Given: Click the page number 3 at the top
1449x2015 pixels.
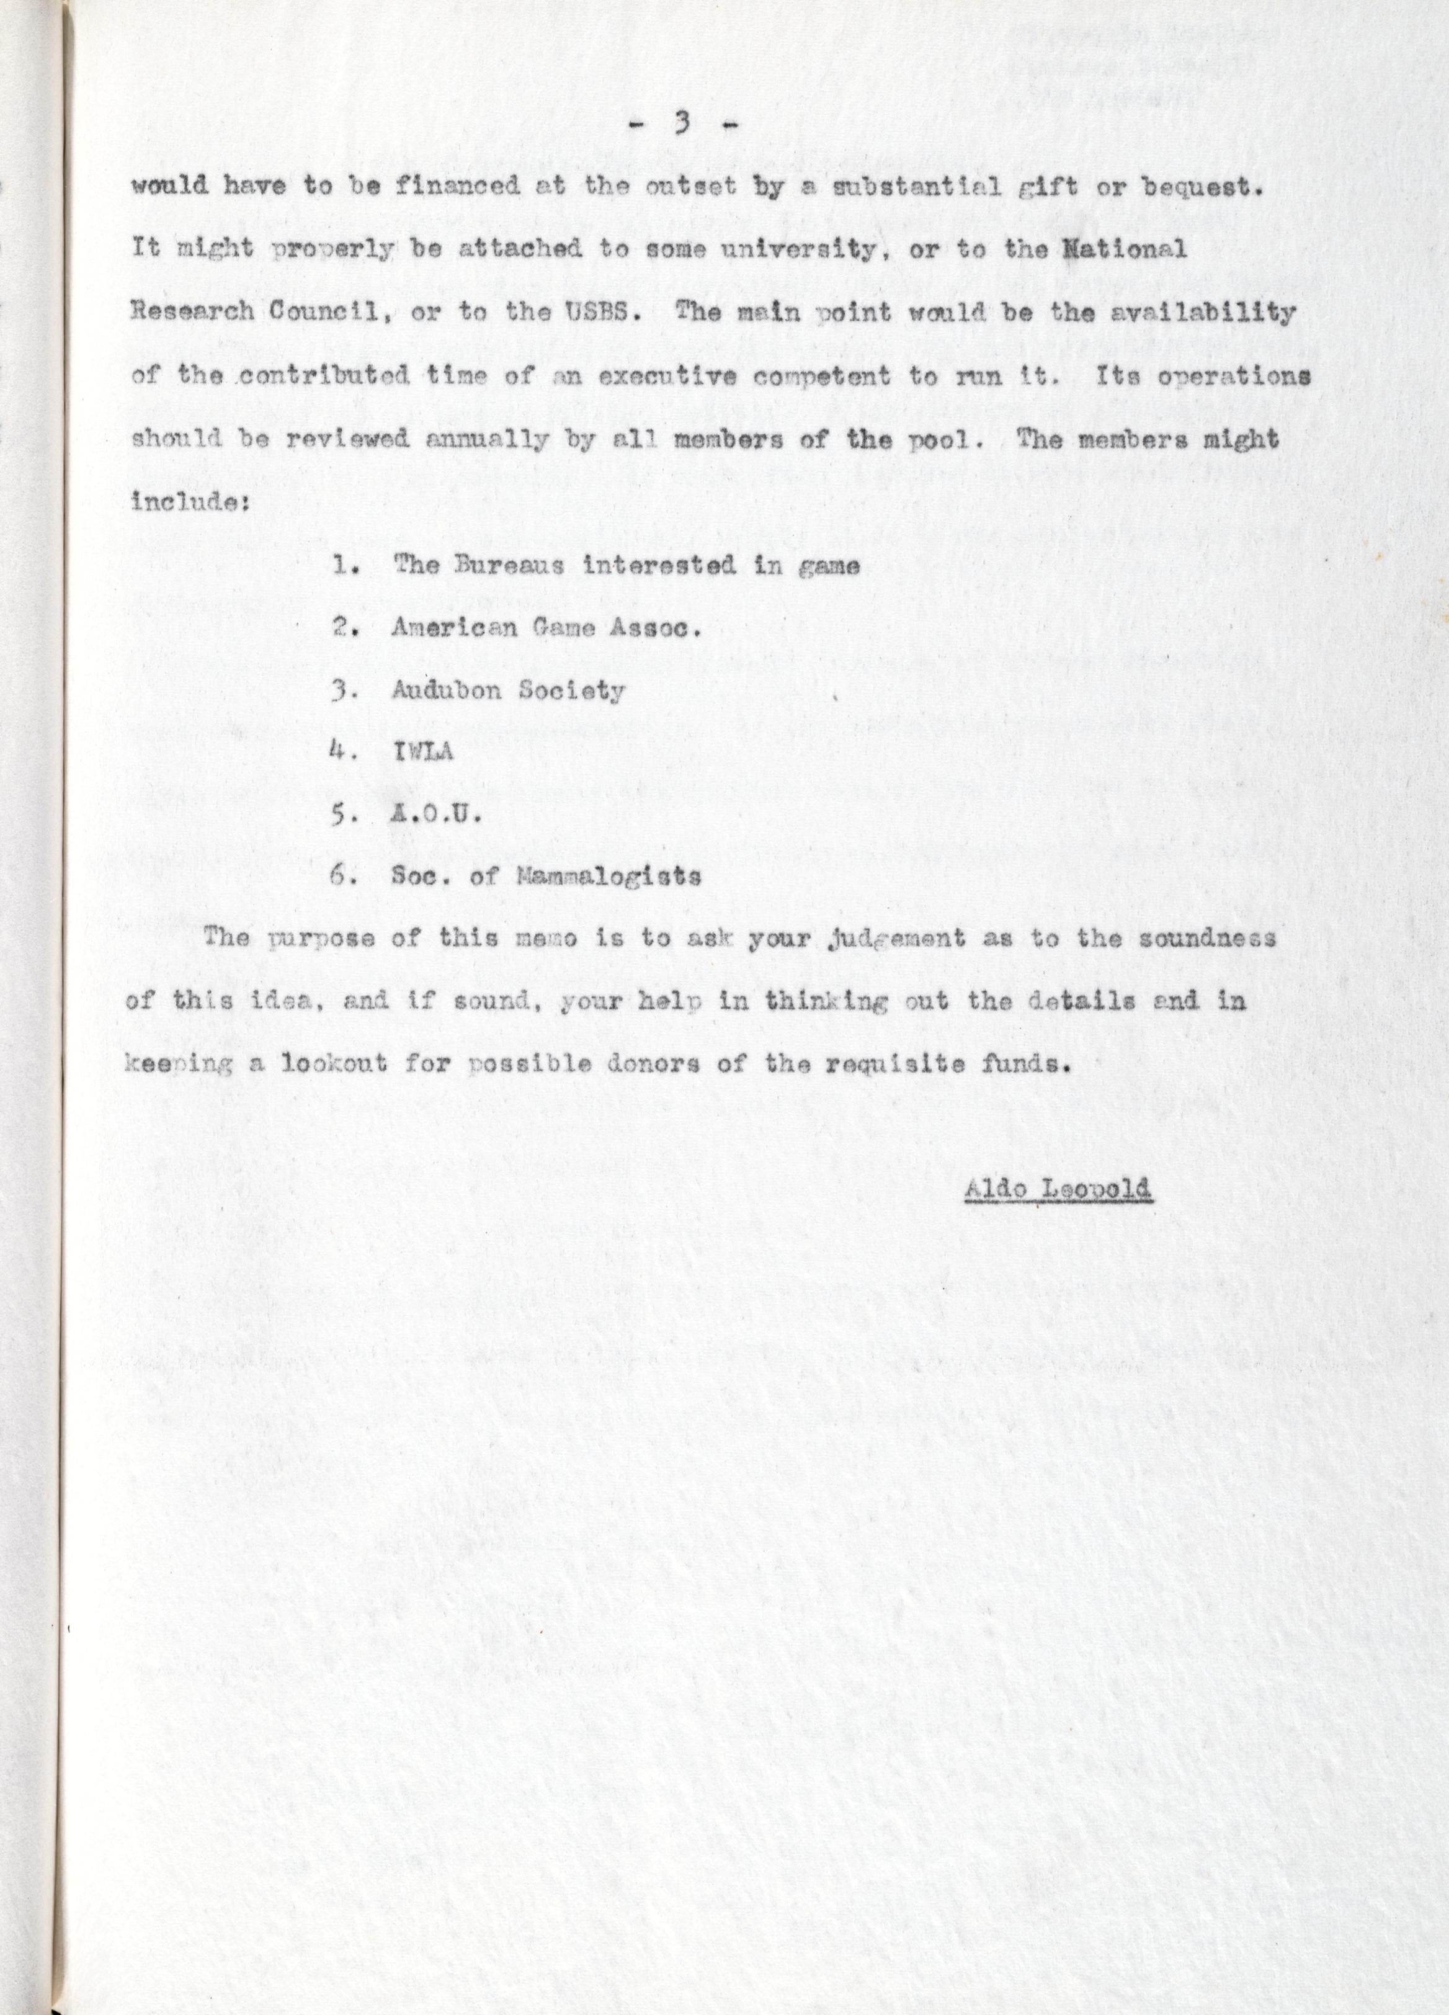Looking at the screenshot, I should click(682, 125).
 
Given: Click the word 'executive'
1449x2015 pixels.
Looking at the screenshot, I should click(666, 376).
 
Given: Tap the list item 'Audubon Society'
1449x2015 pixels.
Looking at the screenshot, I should click(508, 691).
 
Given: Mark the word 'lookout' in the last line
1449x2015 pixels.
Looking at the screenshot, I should click(333, 1065).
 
